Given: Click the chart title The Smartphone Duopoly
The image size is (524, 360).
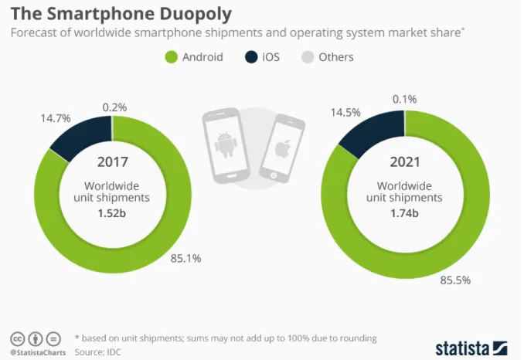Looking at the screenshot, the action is [121, 14].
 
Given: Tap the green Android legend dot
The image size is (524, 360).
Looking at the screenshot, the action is [171, 57].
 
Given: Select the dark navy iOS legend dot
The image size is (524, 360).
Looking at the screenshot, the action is [251, 57].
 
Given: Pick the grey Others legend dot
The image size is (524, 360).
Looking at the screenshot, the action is [308, 57].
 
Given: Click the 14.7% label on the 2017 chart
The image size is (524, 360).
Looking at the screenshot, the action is [56, 118].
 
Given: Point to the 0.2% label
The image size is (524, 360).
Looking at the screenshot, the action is [114, 107].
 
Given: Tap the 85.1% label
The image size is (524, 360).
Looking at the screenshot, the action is [185, 258].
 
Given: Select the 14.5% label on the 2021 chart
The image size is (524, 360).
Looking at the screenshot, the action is [345, 113].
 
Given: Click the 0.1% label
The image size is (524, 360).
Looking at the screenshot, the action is [404, 99].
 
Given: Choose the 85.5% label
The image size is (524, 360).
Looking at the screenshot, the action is [455, 280].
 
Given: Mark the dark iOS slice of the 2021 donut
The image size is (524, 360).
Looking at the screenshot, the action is [376, 131].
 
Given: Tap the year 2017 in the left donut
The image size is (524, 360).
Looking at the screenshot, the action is [113, 162].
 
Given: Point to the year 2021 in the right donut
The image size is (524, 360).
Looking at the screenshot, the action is [405, 162].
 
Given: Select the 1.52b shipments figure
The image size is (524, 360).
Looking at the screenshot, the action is [111, 213].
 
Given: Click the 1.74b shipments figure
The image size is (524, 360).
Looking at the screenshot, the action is [404, 213].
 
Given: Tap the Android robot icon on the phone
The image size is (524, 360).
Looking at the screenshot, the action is [225, 144].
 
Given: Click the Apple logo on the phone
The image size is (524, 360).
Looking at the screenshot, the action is [282, 148].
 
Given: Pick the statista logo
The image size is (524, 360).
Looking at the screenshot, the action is [471, 348].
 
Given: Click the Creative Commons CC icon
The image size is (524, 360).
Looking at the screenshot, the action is [18, 339].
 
